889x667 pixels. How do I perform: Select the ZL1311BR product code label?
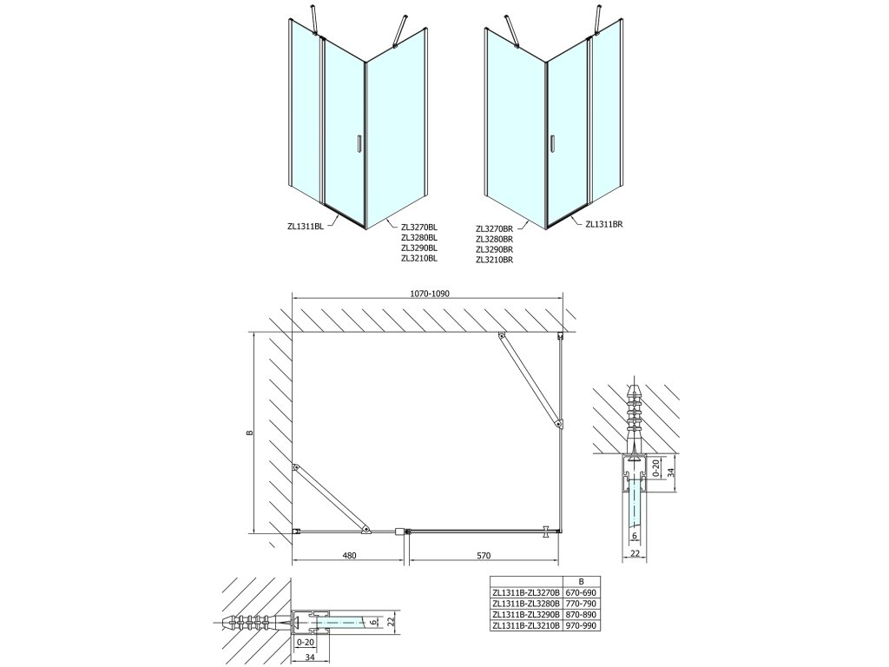605,223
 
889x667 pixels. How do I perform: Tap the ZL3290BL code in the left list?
419,248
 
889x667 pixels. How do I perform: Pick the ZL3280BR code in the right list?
495,239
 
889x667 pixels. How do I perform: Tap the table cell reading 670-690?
581,592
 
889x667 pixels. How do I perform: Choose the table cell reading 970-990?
581,625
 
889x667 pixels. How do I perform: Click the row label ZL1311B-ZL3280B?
525,604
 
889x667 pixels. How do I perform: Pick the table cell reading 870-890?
581,614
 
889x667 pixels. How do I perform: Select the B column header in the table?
581,581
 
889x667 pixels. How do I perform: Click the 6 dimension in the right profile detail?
635,536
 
